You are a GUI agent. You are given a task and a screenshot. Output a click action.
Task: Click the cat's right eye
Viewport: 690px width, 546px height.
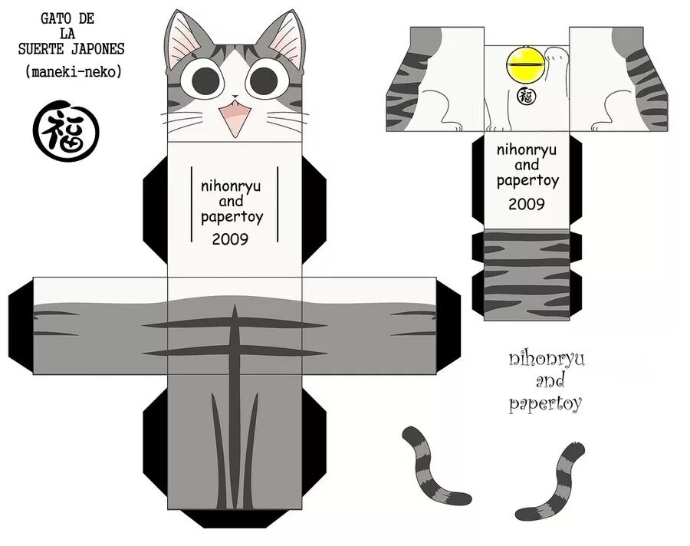264,79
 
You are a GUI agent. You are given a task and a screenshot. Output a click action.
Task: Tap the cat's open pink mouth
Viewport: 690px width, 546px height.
234,118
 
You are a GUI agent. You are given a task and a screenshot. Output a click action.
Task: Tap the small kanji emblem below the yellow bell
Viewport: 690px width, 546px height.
525,97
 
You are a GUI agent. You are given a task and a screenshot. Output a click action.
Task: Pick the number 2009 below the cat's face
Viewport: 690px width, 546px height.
230,238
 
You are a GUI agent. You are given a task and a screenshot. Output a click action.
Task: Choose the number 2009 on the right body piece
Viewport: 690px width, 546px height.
526,204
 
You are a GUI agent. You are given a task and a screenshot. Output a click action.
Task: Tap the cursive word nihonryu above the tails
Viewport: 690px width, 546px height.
546,360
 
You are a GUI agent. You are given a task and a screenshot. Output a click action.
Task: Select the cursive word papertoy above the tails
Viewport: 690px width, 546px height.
545,403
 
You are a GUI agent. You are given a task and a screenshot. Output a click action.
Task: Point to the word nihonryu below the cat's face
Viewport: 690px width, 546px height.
230,186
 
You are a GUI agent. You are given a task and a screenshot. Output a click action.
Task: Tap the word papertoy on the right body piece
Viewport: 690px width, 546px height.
527,181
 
